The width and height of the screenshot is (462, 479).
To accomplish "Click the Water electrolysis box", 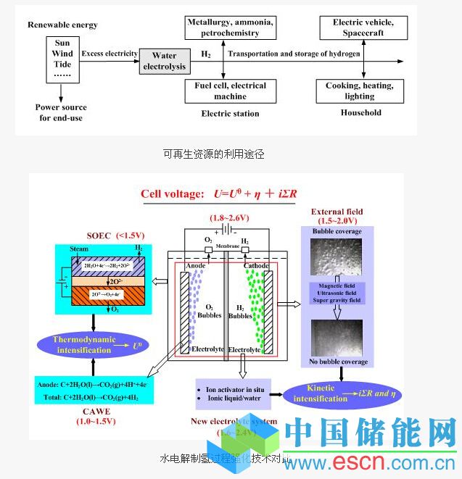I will [165, 62].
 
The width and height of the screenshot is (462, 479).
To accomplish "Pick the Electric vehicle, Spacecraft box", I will [358, 28].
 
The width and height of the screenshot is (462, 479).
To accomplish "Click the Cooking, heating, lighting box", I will [359, 91].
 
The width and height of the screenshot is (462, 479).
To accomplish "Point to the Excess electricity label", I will [110, 53].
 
